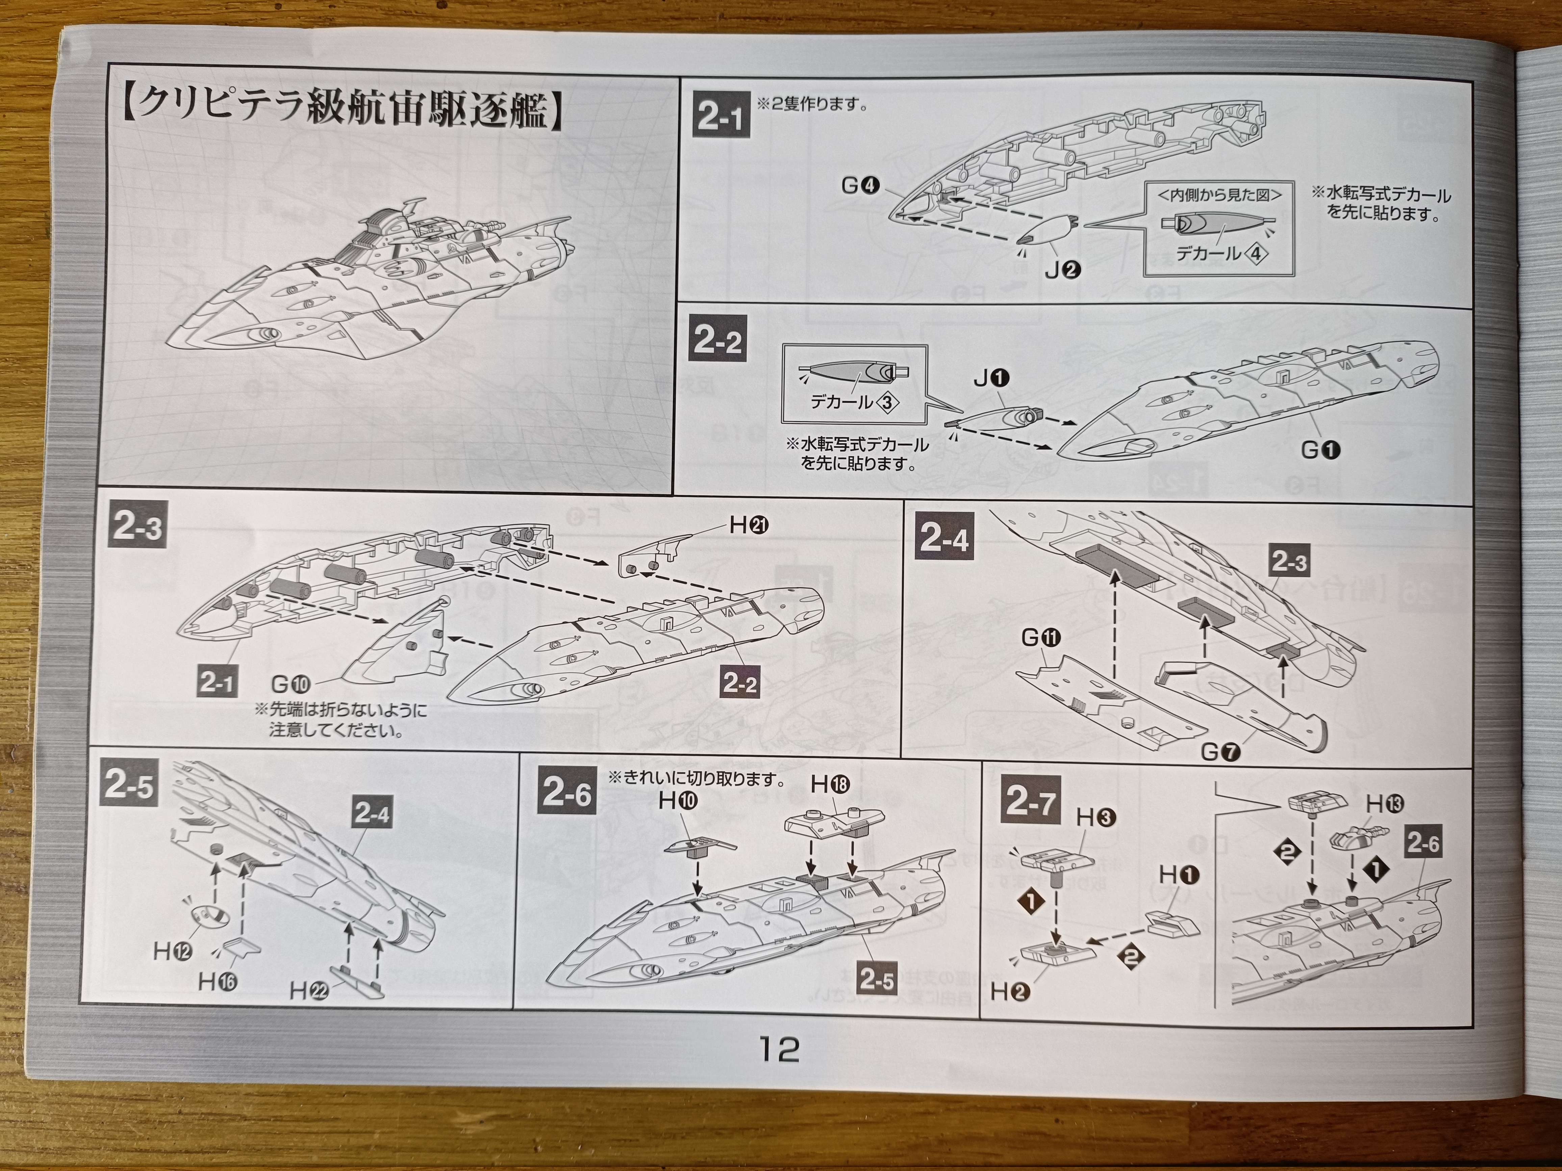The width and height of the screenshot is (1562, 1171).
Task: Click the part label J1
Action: click(991, 379)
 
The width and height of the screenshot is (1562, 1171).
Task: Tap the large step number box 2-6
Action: click(566, 794)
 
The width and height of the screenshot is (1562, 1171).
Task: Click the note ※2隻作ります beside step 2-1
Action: click(812, 104)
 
